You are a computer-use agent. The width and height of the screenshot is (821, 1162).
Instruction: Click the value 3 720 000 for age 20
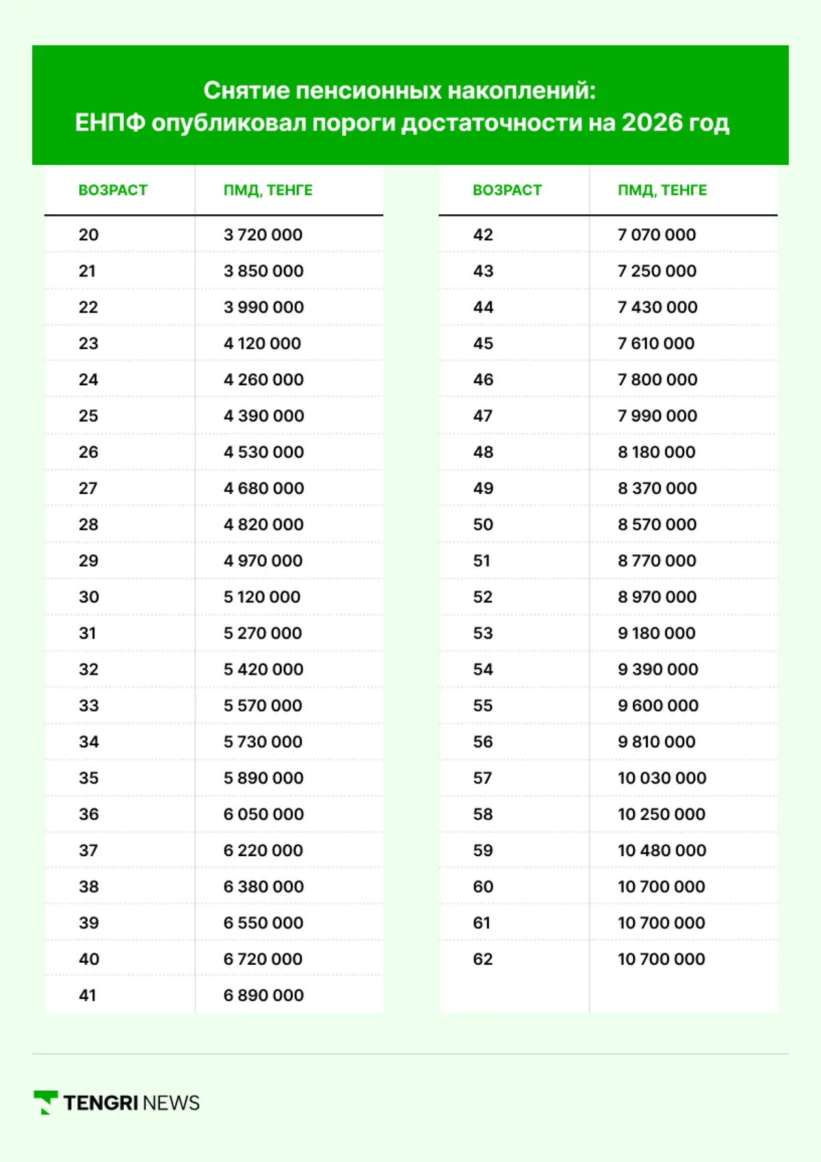tap(263, 235)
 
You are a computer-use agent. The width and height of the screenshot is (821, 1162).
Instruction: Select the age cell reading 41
tap(88, 995)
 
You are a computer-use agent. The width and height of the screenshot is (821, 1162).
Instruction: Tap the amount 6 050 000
tap(263, 814)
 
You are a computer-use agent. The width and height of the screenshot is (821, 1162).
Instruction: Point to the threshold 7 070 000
tap(657, 235)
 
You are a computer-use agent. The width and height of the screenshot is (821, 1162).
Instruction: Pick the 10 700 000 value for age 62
tap(662, 959)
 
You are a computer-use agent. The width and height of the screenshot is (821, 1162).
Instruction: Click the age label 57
tap(482, 778)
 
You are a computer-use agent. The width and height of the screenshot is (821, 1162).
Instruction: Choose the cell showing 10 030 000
tap(662, 778)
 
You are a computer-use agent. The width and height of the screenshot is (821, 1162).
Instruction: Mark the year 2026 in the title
tap(652, 123)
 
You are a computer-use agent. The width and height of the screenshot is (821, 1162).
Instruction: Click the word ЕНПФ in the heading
tap(109, 123)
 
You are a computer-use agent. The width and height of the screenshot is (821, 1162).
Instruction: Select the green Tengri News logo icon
tap(46, 1102)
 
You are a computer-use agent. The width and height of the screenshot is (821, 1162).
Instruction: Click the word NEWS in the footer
tap(172, 1103)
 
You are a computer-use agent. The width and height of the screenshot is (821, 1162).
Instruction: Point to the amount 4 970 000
tap(263, 560)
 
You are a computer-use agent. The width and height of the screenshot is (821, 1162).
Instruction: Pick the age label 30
tap(89, 597)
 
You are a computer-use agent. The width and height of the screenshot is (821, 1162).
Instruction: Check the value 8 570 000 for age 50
tap(657, 524)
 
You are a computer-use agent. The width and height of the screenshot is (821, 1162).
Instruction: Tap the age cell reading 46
tap(483, 380)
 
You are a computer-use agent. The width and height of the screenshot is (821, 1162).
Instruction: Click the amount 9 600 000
tap(657, 706)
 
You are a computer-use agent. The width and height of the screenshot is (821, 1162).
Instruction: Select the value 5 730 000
tap(263, 742)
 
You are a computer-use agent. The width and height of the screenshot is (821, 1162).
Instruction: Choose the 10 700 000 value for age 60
tap(662, 886)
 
